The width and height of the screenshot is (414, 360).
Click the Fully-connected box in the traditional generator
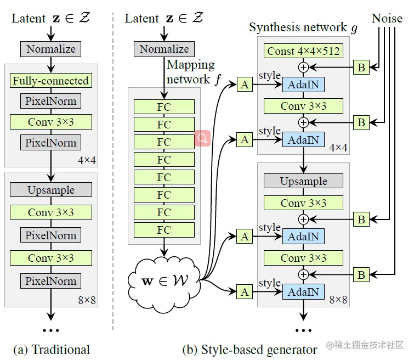pos(51,81)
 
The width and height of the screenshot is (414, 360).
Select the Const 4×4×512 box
pos(303,52)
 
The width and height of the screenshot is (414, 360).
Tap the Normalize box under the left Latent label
pos(51,49)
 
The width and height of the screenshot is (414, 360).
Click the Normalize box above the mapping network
pos(164,49)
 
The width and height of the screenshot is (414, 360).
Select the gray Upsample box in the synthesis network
pos(303,181)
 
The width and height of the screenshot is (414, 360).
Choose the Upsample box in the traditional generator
pos(51,190)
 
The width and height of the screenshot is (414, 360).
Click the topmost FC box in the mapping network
pos(164,107)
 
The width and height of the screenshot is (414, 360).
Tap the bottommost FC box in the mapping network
pos(164,230)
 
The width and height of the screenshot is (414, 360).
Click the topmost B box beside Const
pos(361,67)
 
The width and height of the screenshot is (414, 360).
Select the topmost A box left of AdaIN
pos(245,85)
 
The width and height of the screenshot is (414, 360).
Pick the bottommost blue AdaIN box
pos(303,292)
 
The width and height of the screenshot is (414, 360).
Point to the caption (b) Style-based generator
pos(249,349)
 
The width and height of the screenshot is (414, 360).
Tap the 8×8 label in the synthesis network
pos(338,300)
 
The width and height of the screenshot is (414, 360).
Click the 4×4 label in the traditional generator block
pos(87,160)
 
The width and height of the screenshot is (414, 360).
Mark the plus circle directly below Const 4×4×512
pos(303,67)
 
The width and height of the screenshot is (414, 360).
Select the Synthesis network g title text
pos(303,27)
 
